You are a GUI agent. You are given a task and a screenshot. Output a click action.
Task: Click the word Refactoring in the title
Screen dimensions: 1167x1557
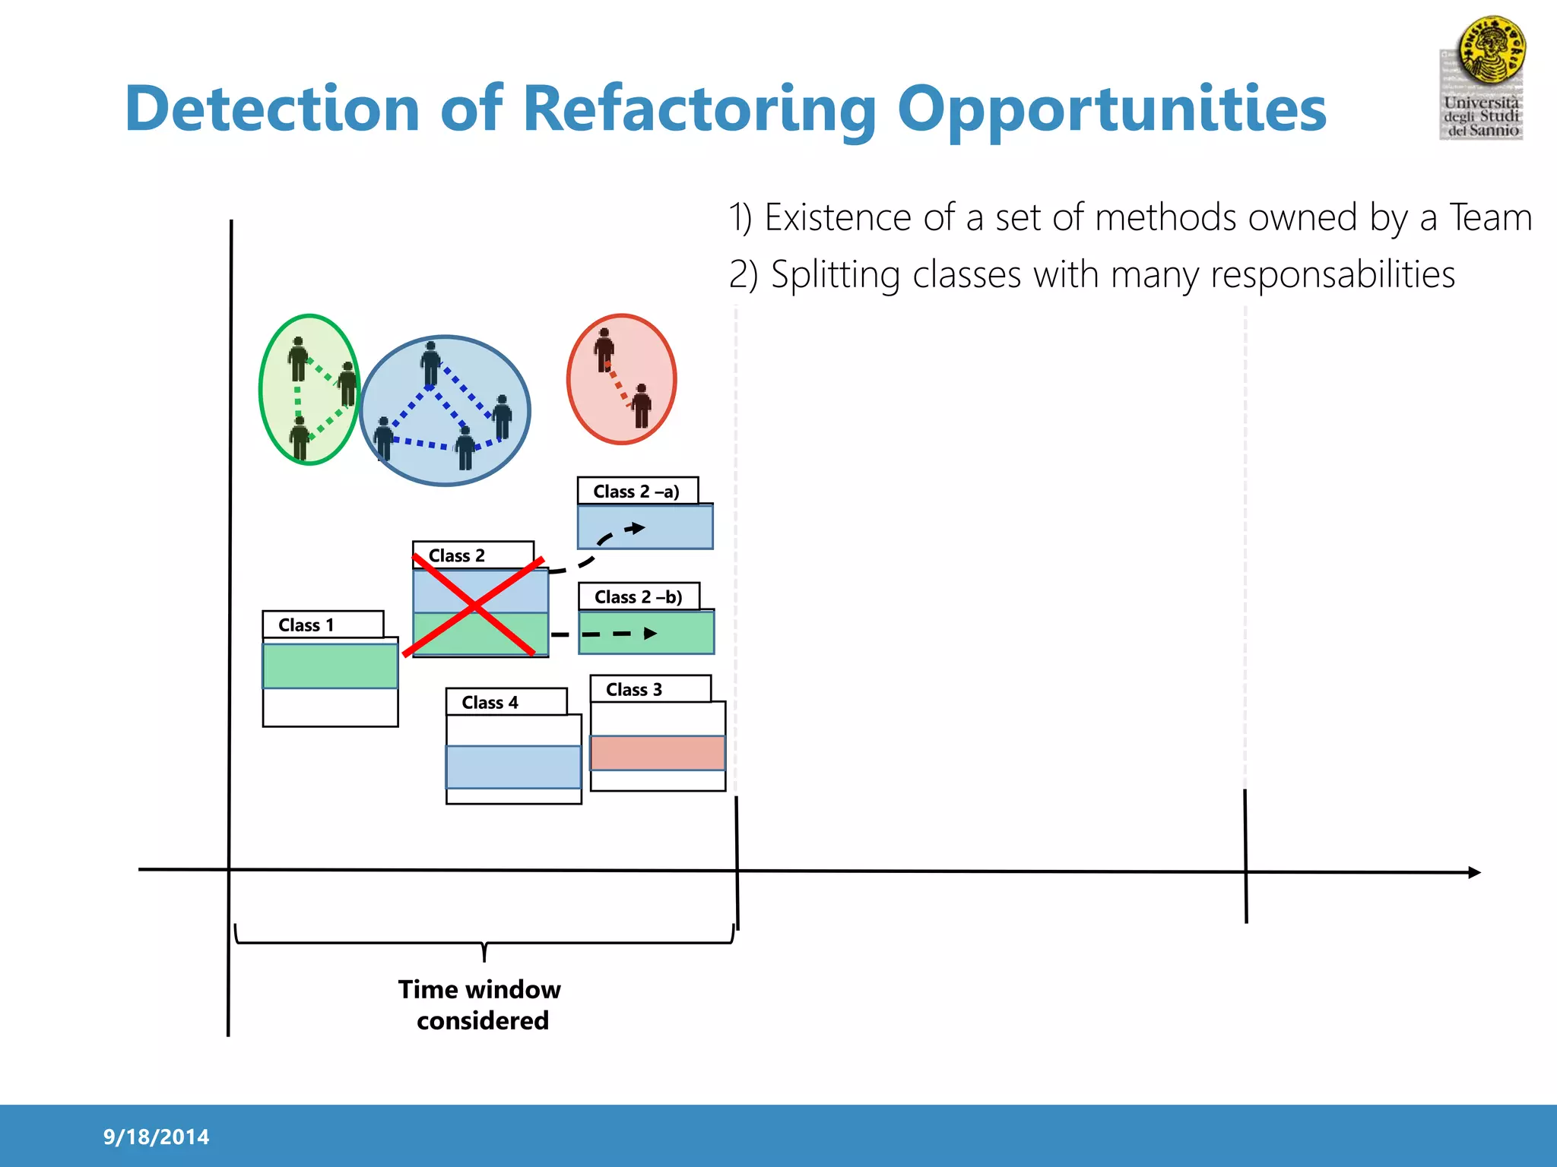700,109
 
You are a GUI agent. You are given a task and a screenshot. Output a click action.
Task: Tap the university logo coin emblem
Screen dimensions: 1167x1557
1491,50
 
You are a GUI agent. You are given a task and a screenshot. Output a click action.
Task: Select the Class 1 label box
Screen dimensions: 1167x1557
322,625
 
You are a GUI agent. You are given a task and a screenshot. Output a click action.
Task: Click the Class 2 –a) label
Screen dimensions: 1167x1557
637,492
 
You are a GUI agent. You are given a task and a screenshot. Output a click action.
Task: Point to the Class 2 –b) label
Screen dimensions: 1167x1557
639,597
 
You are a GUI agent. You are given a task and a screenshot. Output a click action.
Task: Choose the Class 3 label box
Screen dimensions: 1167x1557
650,689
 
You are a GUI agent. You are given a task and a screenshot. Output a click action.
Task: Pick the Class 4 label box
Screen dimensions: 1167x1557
506,702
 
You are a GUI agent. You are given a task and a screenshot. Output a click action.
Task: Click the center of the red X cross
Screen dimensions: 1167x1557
474,606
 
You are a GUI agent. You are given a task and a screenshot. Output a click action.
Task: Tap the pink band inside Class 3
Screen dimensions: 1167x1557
658,753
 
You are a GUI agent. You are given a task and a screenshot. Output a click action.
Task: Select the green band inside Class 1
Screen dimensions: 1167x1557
330,666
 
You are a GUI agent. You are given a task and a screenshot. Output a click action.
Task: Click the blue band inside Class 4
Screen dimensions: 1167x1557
513,767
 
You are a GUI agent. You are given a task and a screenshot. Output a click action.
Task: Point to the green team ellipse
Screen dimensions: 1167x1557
309,390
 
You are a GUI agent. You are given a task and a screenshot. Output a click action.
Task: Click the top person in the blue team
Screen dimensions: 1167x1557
431,363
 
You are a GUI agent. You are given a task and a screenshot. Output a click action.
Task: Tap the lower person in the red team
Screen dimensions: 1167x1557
642,406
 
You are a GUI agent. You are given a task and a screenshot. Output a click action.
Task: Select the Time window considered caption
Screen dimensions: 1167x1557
480,1004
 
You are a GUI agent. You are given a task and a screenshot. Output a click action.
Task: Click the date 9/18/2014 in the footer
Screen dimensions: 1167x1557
156,1137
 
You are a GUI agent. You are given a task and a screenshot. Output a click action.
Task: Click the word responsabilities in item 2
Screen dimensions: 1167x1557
1332,275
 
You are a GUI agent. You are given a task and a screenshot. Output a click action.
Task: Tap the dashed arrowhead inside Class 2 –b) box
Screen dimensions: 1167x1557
650,633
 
